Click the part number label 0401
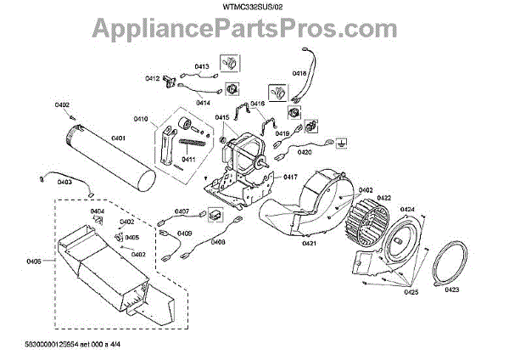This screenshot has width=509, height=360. (118, 138)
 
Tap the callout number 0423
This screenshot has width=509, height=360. (450, 290)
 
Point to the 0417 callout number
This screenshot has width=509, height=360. (290, 177)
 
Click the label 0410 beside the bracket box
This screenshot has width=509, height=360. (141, 118)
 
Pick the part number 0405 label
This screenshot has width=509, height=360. (34, 262)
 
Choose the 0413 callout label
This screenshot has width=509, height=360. (202, 65)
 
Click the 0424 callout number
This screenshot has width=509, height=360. (407, 209)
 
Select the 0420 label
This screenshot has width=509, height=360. (304, 153)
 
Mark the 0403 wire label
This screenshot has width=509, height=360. (64, 182)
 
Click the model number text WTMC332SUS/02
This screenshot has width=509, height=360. (255, 8)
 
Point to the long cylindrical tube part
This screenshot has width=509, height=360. (108, 161)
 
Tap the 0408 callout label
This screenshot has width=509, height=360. (218, 242)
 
